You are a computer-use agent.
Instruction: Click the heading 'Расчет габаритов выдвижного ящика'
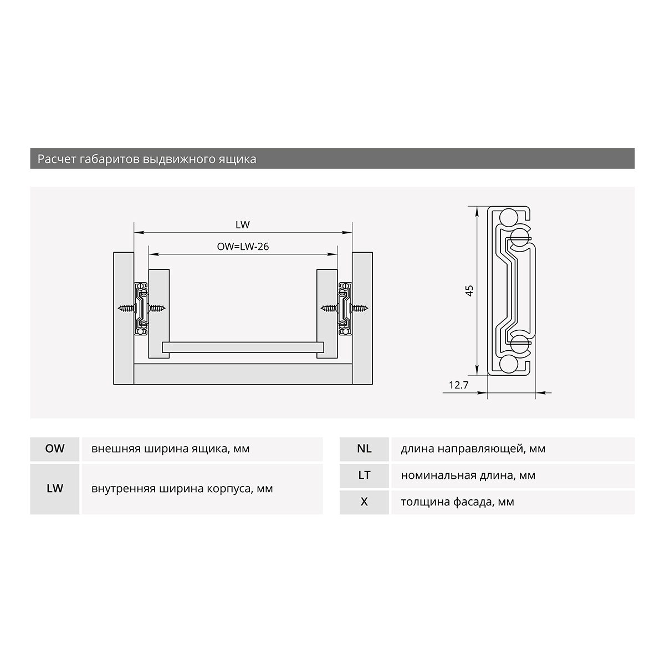coord(147,159)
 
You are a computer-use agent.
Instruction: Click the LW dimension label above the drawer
coord(243,224)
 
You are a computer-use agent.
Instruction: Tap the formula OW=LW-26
coord(243,247)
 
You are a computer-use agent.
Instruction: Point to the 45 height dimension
coord(469,290)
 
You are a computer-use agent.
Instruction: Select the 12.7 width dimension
coord(459,385)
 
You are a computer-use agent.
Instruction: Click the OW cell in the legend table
coord(55,449)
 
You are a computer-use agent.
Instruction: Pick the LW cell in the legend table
coord(55,488)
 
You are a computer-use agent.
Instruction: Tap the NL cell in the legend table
coord(364,449)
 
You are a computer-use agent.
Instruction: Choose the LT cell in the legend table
coord(364,475)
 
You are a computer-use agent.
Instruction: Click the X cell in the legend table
coord(364,502)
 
